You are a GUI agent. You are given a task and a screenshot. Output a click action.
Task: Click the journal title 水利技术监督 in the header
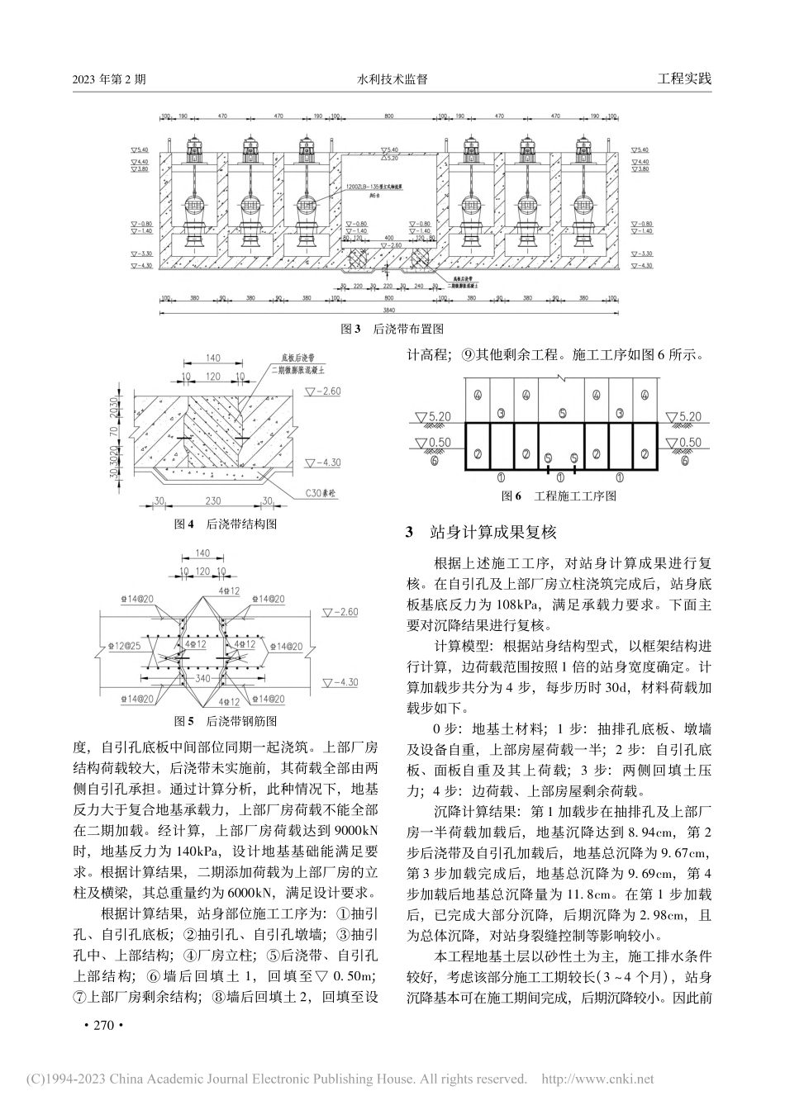392,80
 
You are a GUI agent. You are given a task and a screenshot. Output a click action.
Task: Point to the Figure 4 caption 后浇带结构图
224,524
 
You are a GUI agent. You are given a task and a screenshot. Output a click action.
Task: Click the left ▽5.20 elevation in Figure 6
432,416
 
